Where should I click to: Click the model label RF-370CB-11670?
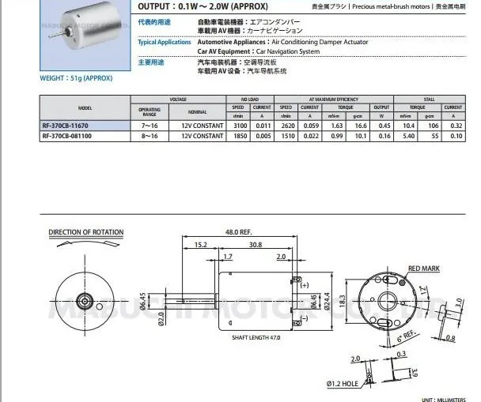[x=66, y=126]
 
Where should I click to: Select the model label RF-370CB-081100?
[x=68, y=136]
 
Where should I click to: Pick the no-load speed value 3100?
[x=238, y=126]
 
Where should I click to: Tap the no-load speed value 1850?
[x=238, y=136]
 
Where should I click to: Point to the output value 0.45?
[x=383, y=126]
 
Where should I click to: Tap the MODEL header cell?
[x=85, y=107]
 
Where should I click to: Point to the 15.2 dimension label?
[x=201, y=246]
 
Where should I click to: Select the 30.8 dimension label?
[x=254, y=246]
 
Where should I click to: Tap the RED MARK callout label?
[x=423, y=269]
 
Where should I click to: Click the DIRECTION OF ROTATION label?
[x=86, y=232]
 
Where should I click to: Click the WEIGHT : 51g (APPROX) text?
[x=76, y=79]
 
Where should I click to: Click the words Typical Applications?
[x=164, y=42]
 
